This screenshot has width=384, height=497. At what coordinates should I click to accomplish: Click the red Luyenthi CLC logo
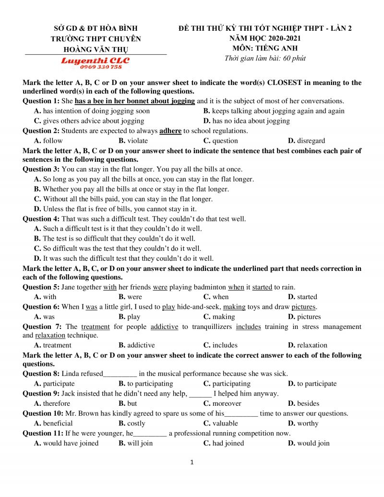[x=95, y=61]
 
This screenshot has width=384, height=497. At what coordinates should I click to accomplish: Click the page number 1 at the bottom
[x=192, y=462]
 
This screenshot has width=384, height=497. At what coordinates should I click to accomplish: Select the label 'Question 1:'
[x=41, y=101]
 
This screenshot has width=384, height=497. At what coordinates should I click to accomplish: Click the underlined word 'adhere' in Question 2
[x=170, y=131]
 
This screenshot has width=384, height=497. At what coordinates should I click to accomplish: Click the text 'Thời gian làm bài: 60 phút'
[x=264, y=59]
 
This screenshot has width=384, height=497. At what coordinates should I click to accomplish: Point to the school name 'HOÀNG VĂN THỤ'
[x=96, y=49]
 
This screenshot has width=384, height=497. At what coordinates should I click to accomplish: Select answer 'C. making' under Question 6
[x=219, y=316]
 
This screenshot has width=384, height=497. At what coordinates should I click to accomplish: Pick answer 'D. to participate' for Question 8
[x=312, y=384]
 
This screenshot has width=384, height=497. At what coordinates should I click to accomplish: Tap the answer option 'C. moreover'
[x=222, y=403]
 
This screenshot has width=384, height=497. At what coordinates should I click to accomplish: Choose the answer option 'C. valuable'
[x=220, y=423]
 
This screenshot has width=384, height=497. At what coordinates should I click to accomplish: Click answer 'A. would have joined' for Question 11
[x=66, y=443]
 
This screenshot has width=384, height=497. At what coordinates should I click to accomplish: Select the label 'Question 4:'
[x=41, y=218]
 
